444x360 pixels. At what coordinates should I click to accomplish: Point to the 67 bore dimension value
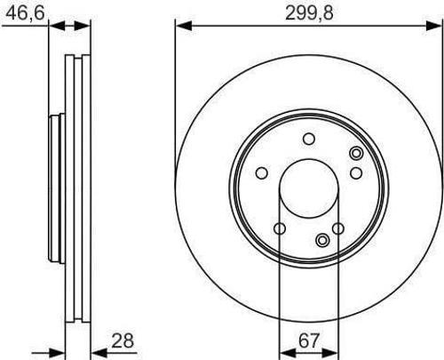308,340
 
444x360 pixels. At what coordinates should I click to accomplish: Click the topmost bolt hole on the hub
309,139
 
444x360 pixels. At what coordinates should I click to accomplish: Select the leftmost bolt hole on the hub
262,174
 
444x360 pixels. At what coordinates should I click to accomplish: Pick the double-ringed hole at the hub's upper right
355,153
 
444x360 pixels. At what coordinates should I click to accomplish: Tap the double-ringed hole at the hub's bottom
322,240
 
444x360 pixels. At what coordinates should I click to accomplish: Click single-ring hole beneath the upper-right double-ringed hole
355,172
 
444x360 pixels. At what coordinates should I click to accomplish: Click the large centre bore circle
308,190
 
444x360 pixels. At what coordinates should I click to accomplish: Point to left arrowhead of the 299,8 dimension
180,26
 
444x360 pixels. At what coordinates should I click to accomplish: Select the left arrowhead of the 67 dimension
283,352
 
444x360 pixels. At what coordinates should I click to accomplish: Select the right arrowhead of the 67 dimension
334,352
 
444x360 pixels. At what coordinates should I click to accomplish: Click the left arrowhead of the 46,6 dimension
52,26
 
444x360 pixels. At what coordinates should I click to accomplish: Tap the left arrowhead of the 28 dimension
63,351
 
